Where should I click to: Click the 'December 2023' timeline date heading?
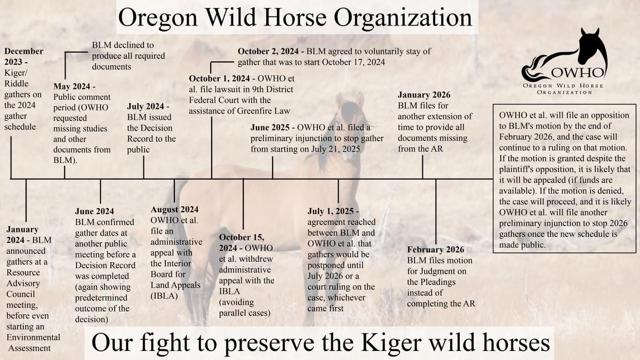click(x=23, y=57)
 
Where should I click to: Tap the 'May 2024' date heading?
click(x=75, y=86)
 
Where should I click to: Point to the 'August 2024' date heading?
click(x=175, y=210)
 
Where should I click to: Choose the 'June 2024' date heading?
click(x=94, y=211)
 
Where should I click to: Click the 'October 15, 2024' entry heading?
click(x=246, y=243)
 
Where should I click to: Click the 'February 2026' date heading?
click(x=435, y=250)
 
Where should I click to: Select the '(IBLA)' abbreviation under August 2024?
click(x=164, y=296)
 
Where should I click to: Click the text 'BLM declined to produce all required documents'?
click(x=129, y=55)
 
